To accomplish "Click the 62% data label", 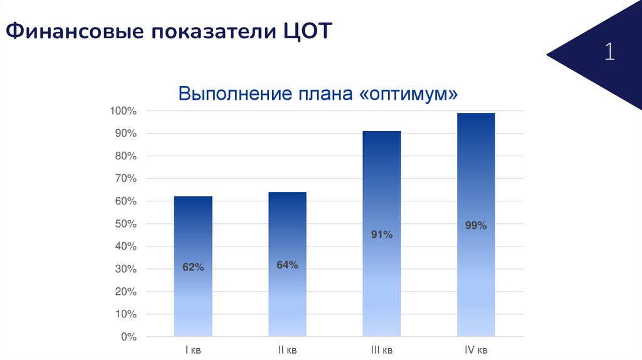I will (193, 267).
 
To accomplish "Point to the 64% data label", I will (287, 265).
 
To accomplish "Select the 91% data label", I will (381, 235).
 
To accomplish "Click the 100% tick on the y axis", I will (123, 111).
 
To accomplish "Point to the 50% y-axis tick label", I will (125, 224).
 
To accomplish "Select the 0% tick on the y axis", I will (128, 337).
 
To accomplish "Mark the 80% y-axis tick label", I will (125, 156).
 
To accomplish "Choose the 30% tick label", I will (125, 269).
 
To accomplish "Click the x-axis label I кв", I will (193, 349).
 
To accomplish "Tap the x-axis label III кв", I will (381, 349).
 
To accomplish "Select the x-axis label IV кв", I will (476, 349).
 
